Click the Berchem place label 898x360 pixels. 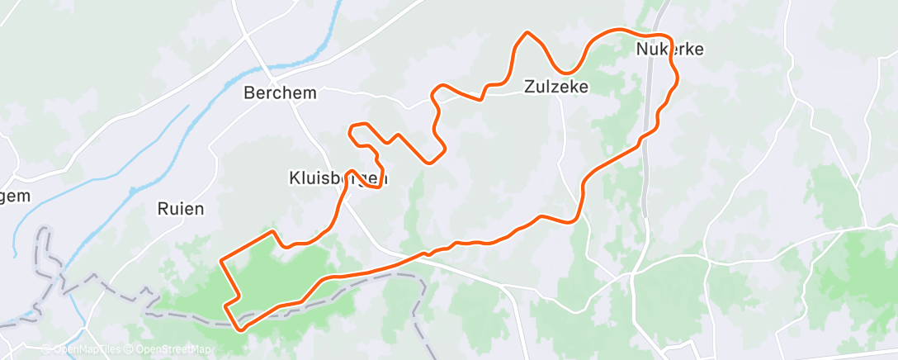[280, 93]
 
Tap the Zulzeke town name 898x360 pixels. [556, 86]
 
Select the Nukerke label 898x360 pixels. [669, 50]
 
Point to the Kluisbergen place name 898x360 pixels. [338, 178]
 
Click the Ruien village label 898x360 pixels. [180, 209]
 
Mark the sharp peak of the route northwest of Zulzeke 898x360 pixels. [527, 33]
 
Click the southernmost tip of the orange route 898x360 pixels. [241, 329]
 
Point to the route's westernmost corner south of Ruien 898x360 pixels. [221, 261]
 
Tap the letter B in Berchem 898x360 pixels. [249, 93]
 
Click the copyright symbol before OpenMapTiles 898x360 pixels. [46, 349]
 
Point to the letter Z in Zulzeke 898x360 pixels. [529, 86]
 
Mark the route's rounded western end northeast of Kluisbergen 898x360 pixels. [352, 128]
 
